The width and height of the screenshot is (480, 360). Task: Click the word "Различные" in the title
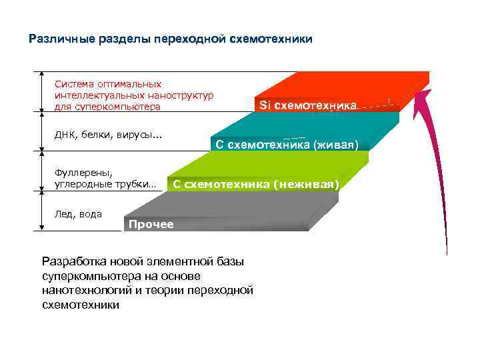click(x=56, y=39)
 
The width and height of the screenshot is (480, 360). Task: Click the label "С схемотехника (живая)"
click(x=287, y=145)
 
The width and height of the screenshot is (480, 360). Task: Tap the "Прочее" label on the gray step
click(x=151, y=224)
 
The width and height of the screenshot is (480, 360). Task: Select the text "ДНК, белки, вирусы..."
click(x=108, y=136)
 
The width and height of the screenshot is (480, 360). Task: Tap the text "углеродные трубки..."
click(x=105, y=184)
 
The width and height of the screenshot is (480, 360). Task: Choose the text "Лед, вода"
click(x=78, y=214)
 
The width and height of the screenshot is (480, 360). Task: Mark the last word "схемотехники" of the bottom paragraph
click(x=81, y=305)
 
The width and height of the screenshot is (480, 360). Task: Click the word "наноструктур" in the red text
click(x=181, y=95)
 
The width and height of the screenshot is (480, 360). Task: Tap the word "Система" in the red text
click(x=73, y=84)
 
